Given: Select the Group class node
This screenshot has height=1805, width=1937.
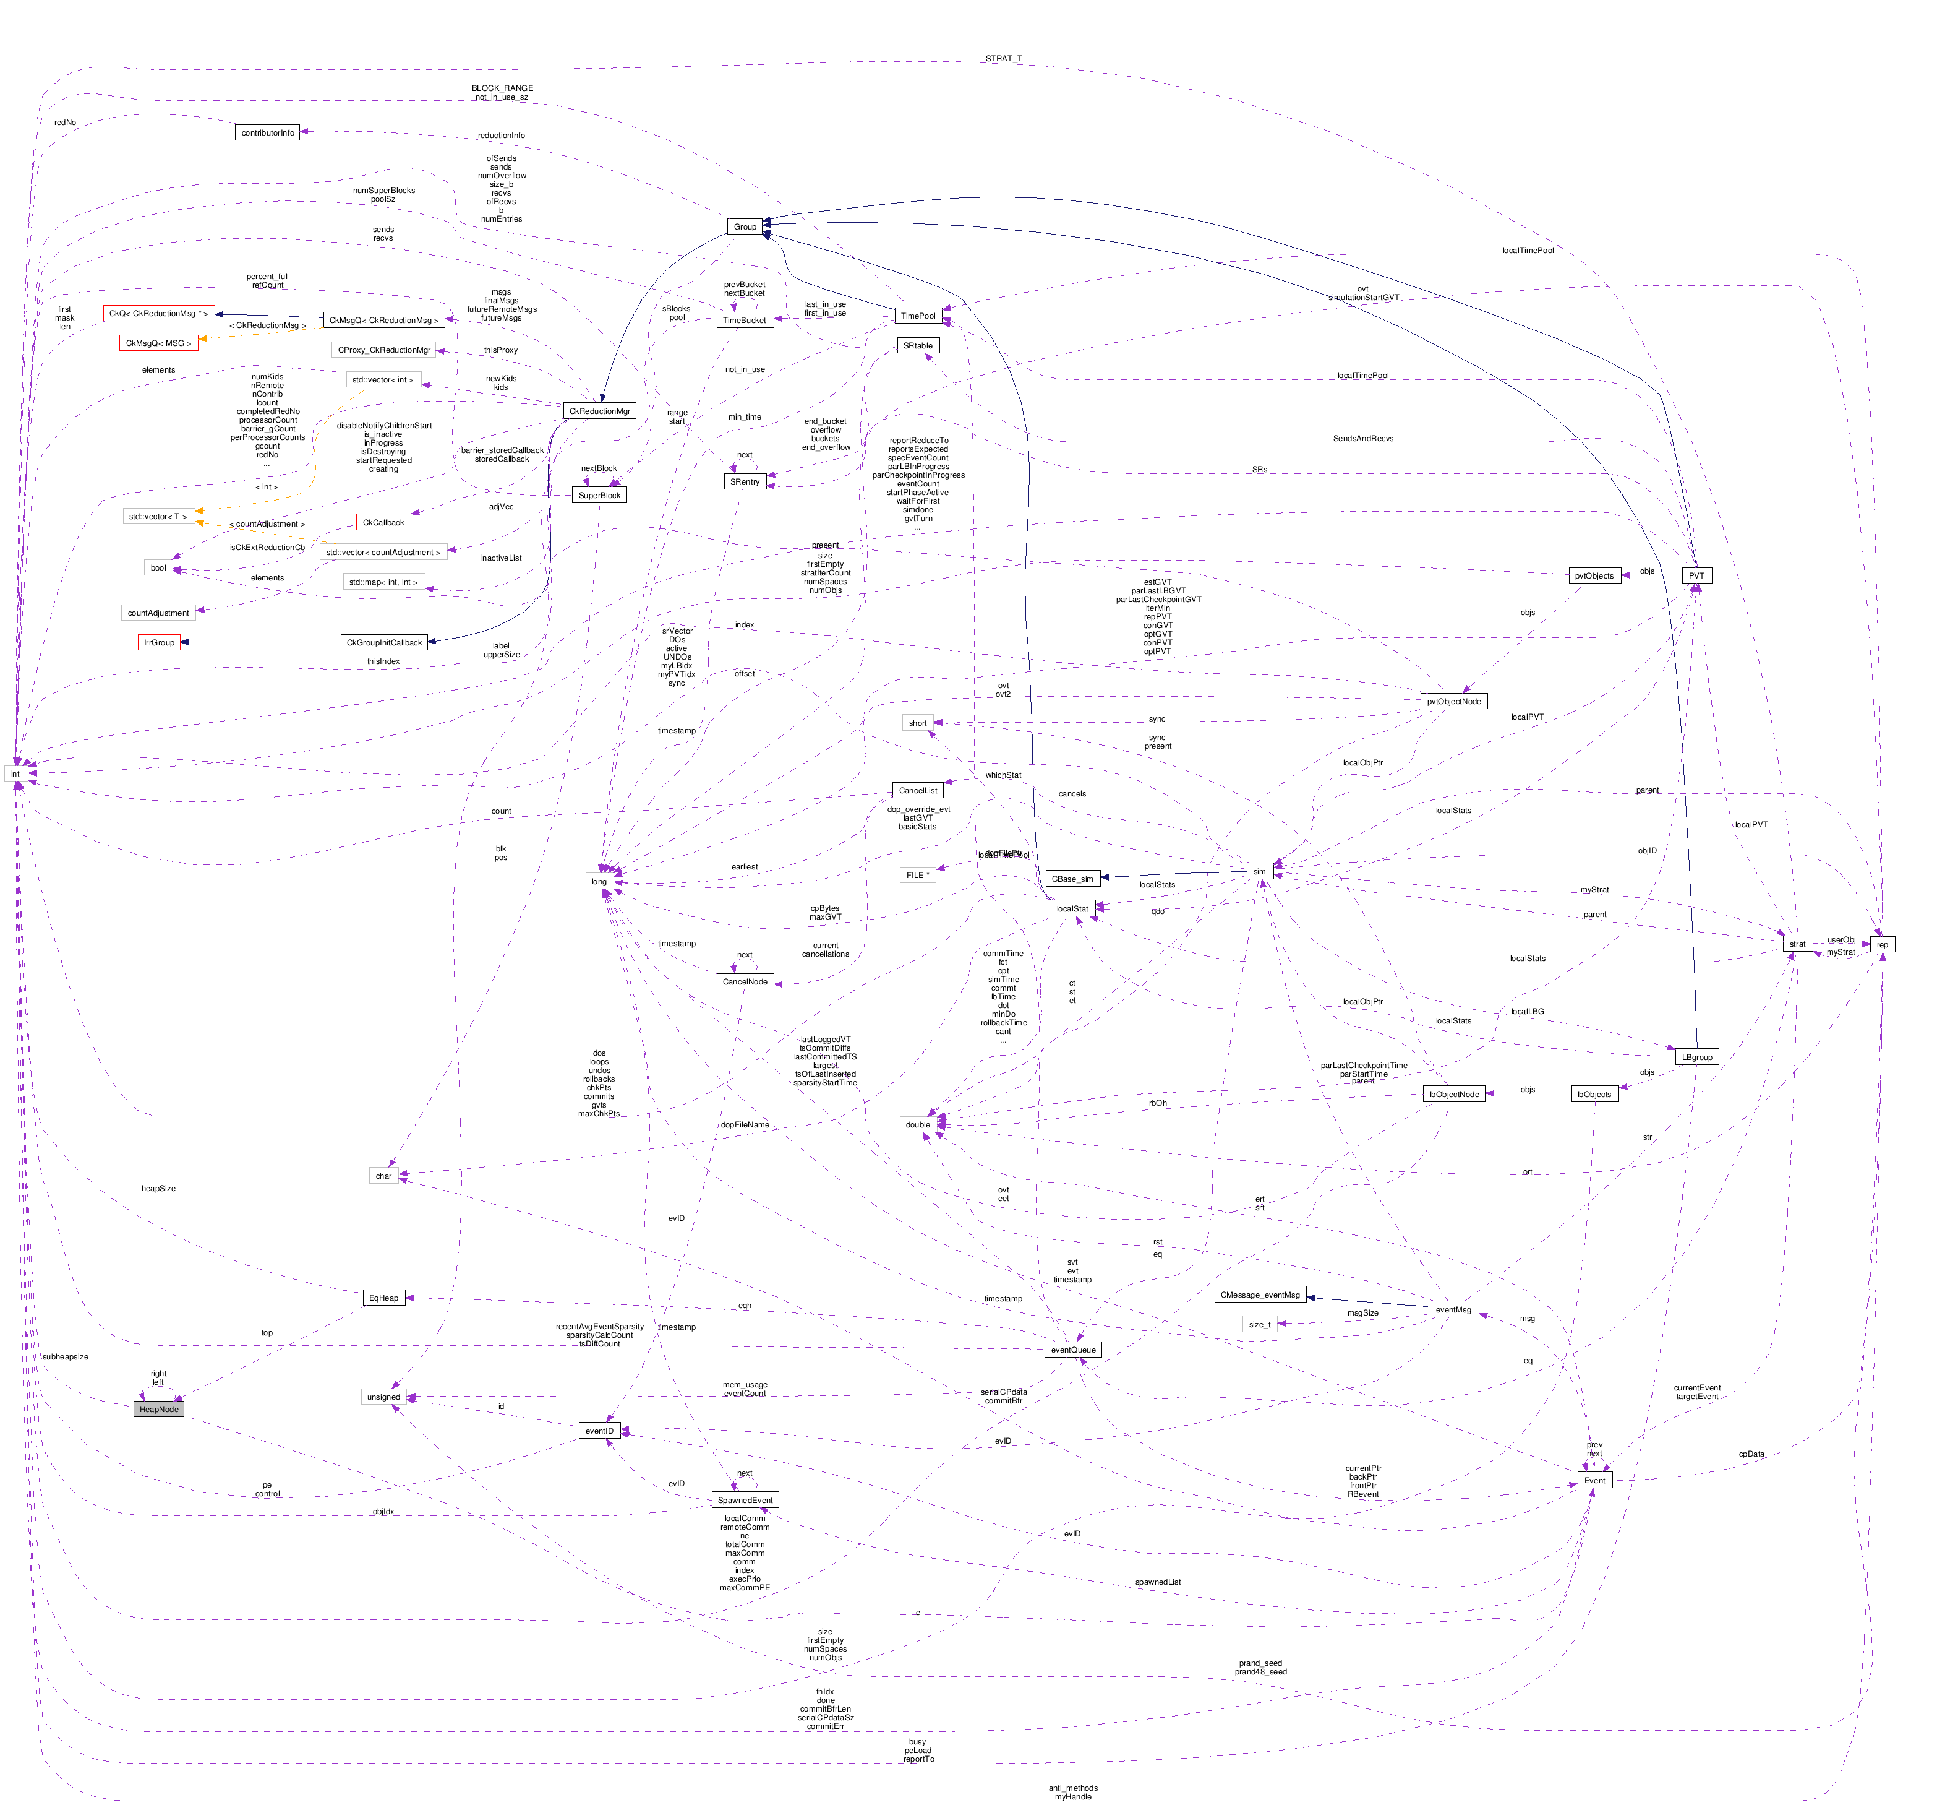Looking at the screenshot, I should point(745,226).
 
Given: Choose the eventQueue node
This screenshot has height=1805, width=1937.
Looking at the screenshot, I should point(1073,1349).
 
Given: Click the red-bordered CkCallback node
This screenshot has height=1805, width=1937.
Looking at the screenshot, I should point(383,522).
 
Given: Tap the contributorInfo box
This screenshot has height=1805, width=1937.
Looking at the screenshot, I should point(267,132).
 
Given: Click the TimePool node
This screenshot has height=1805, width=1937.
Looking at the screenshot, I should point(918,316).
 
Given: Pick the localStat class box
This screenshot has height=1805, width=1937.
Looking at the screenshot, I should point(1072,908).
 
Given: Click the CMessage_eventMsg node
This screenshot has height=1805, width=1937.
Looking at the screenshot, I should point(1260,1295).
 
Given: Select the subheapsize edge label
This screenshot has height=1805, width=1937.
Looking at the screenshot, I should point(66,1356).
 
